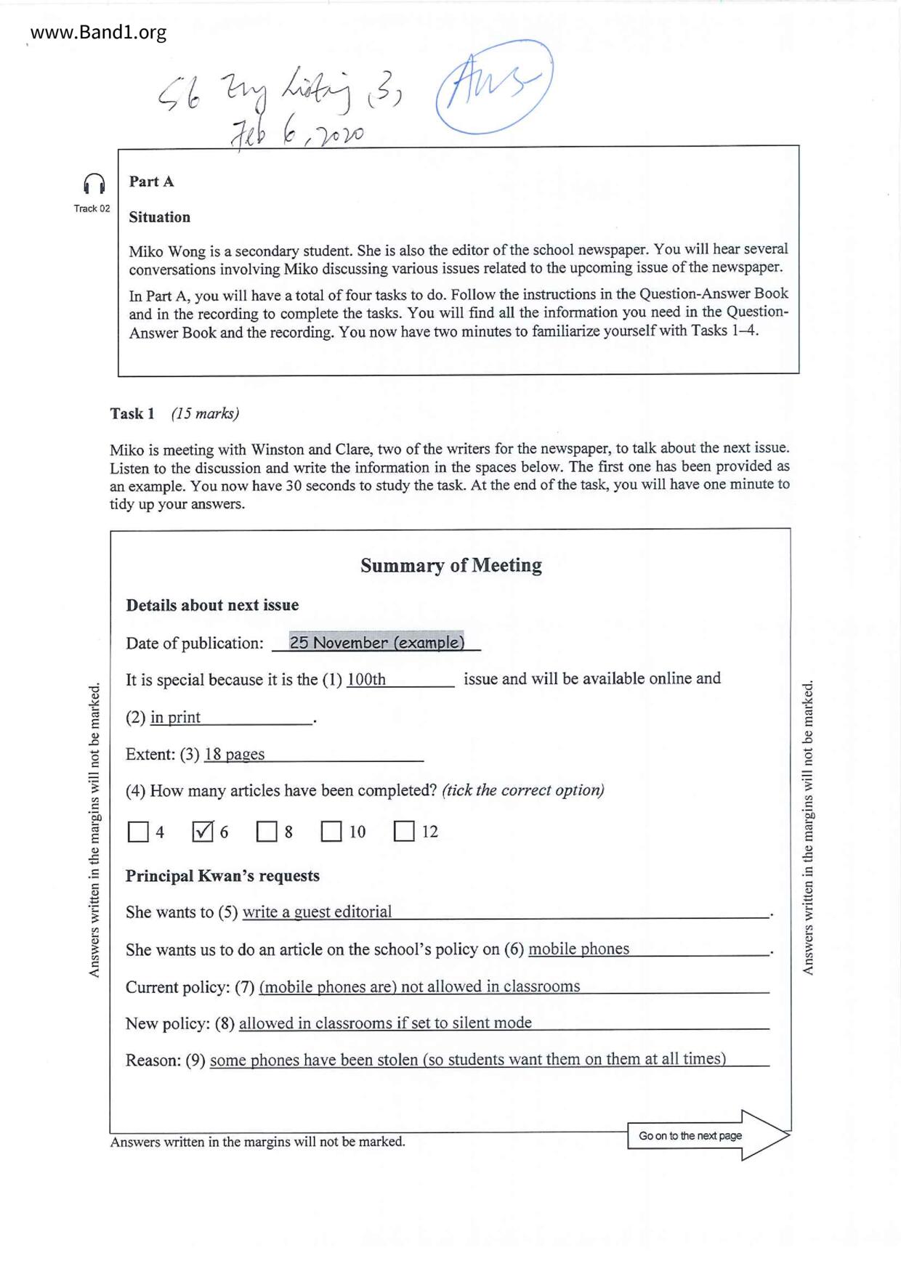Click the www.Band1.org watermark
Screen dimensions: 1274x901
point(98,33)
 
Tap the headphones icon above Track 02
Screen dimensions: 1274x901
point(94,184)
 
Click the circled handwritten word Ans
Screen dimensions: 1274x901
point(494,86)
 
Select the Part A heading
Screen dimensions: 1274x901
point(151,182)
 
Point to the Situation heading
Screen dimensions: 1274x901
point(159,217)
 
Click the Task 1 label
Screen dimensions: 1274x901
point(132,414)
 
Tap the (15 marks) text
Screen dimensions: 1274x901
point(205,414)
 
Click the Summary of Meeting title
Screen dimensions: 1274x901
point(450,565)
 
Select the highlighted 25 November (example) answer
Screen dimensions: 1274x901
point(376,642)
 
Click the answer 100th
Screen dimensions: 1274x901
point(366,680)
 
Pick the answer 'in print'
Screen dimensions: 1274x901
point(175,718)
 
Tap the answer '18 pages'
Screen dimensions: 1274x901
point(234,755)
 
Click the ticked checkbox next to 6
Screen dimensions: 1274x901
point(203,832)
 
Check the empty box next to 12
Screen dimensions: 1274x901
point(404,832)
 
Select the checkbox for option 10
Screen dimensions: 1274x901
point(331,832)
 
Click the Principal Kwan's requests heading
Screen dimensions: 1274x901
point(222,876)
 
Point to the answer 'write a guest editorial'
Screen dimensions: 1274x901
point(317,912)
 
